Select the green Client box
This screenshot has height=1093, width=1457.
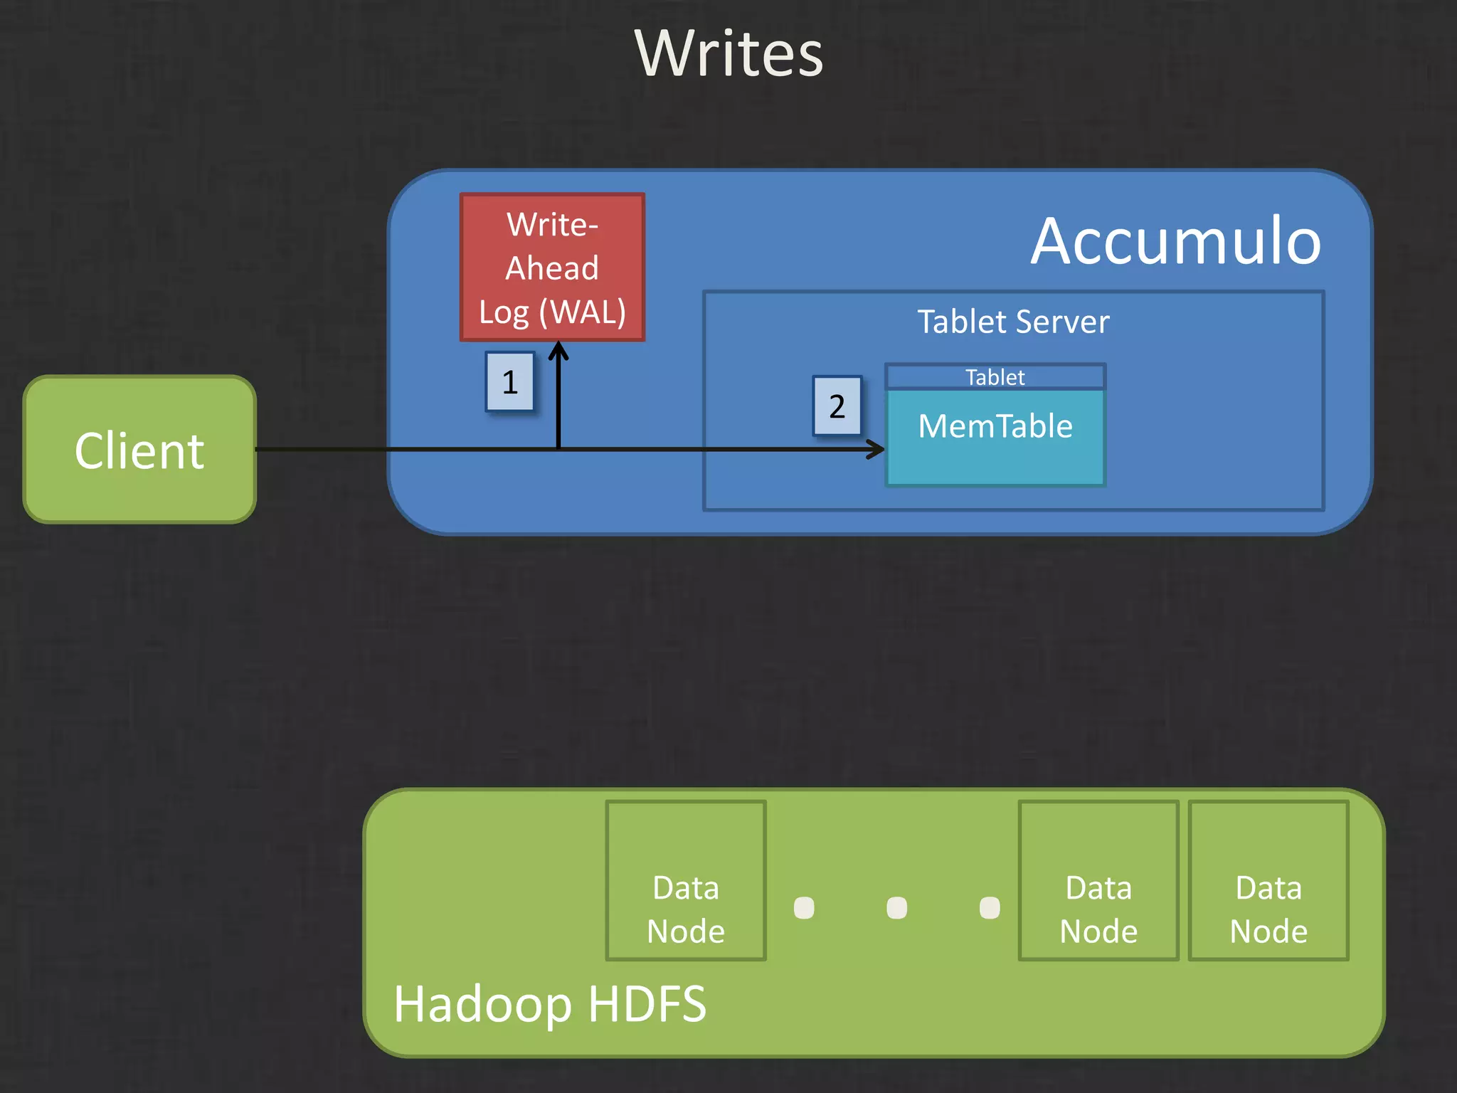139,450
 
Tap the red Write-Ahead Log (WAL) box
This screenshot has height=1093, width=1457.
552,268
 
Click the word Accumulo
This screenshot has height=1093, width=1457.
1176,242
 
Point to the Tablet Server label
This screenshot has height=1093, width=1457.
1013,322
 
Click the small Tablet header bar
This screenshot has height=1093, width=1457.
995,377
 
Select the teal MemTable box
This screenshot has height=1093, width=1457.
995,438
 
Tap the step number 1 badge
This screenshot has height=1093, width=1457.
510,382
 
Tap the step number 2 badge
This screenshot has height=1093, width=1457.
837,406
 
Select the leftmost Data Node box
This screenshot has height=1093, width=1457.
686,881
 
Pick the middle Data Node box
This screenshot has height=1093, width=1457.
1098,881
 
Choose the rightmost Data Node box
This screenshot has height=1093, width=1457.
1268,881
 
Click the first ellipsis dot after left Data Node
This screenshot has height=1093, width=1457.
804,908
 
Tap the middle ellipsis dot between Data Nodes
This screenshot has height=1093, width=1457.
897,908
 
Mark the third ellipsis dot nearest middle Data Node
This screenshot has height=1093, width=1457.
990,908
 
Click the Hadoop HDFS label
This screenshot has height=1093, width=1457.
550,1004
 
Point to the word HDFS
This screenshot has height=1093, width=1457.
647,1004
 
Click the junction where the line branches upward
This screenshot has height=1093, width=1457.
558,449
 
